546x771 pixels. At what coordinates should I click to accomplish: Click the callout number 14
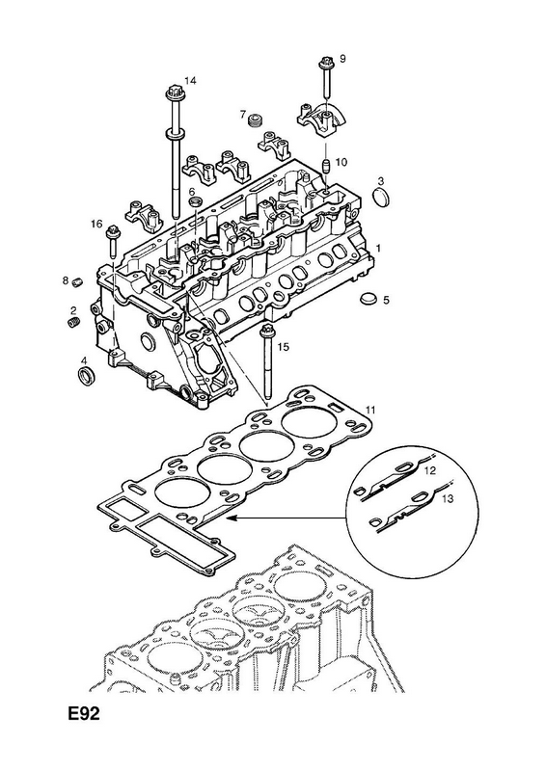pyautogui.click(x=190, y=81)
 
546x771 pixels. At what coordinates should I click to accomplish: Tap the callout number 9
pyautogui.click(x=342, y=59)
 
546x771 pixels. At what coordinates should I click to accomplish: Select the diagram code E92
pyautogui.click(x=84, y=713)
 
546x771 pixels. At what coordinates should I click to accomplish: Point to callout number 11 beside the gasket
pyautogui.click(x=370, y=410)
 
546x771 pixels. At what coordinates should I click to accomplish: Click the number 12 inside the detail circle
pyautogui.click(x=430, y=471)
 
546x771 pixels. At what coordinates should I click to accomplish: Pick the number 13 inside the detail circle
pyautogui.click(x=447, y=498)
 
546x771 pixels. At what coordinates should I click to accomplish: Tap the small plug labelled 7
pyautogui.click(x=255, y=120)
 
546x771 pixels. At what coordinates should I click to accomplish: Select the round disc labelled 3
pyautogui.click(x=382, y=198)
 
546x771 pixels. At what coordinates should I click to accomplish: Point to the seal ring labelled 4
pyautogui.click(x=88, y=375)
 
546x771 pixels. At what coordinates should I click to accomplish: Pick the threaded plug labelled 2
pyautogui.click(x=73, y=323)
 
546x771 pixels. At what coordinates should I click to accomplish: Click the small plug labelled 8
pyautogui.click(x=76, y=281)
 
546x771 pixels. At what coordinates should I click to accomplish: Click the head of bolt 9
pyautogui.click(x=325, y=64)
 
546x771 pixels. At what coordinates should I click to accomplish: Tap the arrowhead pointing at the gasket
pyautogui.click(x=230, y=518)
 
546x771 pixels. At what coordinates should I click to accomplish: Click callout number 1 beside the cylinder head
pyautogui.click(x=378, y=248)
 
